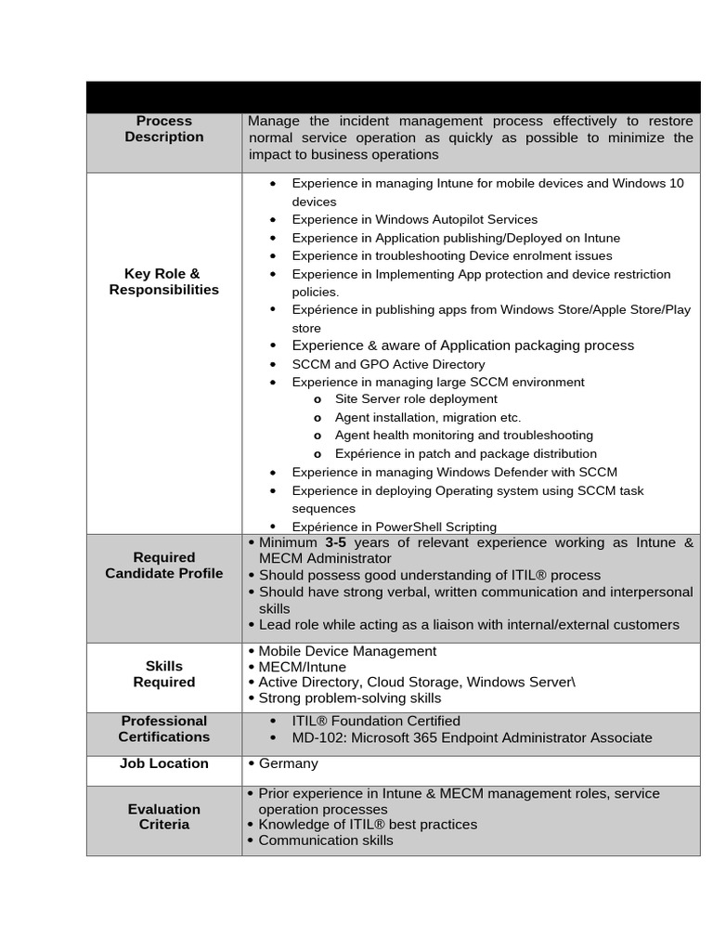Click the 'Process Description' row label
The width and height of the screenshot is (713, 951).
pos(163,129)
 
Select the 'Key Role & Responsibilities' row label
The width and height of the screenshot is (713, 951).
pos(163,281)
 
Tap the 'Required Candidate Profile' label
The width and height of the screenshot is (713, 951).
pos(163,566)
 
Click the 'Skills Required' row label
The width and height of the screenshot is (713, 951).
pos(163,674)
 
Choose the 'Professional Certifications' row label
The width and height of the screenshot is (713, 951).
pos(163,729)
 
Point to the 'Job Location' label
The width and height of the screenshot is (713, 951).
pos(163,763)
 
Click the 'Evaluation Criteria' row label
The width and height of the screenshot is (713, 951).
pos(163,816)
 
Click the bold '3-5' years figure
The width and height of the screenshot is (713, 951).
pos(335,542)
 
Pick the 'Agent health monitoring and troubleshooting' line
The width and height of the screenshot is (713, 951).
pos(463,436)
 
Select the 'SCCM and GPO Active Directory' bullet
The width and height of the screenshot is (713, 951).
pos(388,364)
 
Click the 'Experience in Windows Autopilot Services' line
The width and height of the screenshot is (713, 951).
pos(414,219)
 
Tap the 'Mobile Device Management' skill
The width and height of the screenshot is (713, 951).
pos(347,651)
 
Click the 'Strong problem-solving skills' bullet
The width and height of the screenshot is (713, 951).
pos(349,698)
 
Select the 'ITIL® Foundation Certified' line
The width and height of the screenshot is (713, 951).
pos(376,721)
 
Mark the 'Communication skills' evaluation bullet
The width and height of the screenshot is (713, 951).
pos(325,840)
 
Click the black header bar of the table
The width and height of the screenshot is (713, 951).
pos(393,97)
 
